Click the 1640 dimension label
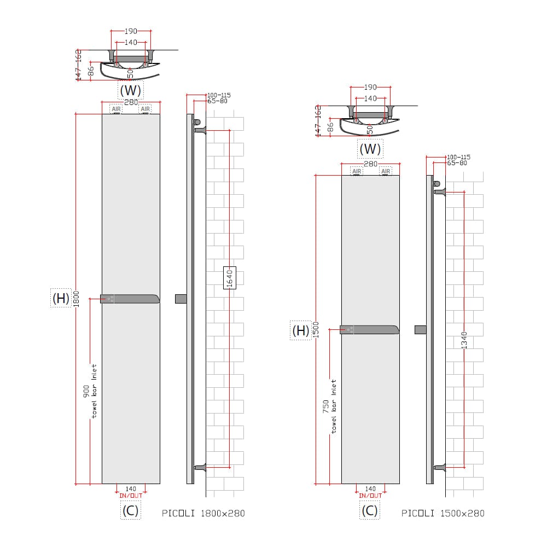click(230, 278)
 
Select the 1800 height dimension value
click(77, 299)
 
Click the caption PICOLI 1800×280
click(203, 513)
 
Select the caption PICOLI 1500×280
click(443, 513)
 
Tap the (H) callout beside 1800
click(61, 298)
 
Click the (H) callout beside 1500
click(300, 330)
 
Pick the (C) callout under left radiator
click(130, 510)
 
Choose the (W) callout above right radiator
click(370, 148)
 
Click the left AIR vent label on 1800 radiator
click(116, 109)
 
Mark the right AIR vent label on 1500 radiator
click(386, 171)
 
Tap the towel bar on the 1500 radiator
click(370, 329)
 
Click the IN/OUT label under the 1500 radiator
click(370, 496)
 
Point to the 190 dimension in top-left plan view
click(131, 32)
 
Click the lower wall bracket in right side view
click(440, 467)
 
